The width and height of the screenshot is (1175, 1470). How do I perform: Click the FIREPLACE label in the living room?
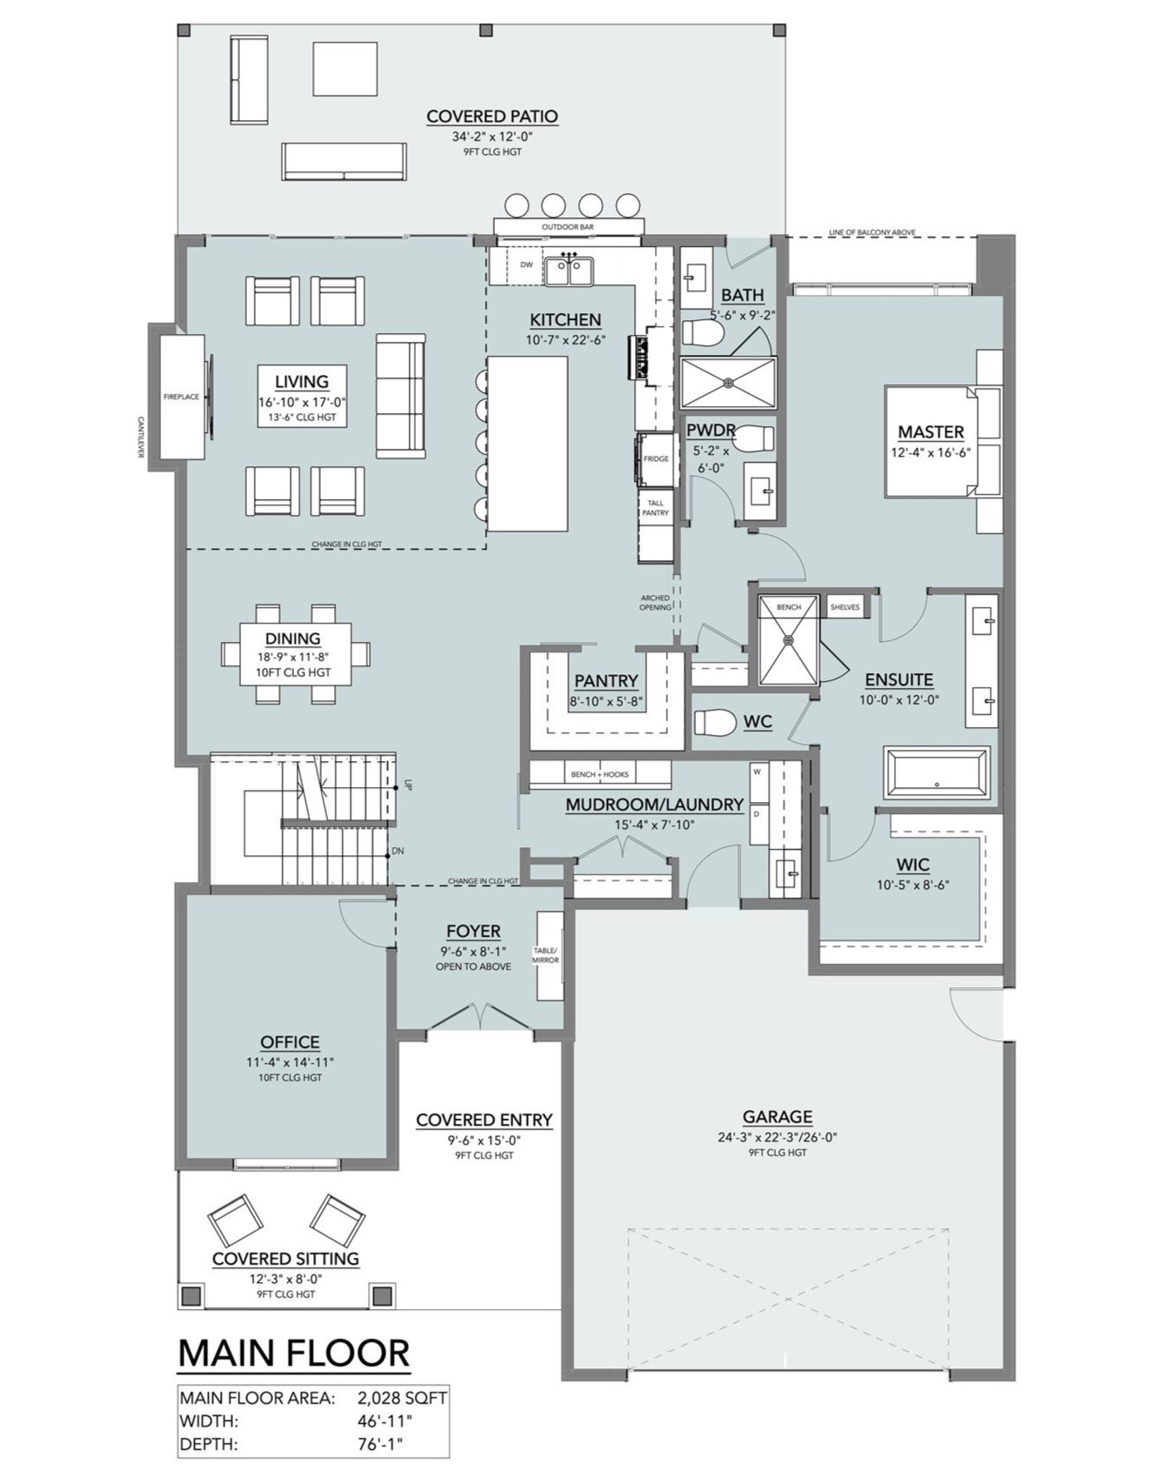[x=181, y=397]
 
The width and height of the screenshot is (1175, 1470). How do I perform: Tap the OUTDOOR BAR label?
[x=567, y=227]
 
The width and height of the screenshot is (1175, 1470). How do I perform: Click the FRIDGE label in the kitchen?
[x=656, y=458]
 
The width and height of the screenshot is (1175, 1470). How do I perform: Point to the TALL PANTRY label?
[x=656, y=507]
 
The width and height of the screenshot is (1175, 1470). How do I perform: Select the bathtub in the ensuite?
[x=937, y=772]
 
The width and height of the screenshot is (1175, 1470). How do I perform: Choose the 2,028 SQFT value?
[x=402, y=1399]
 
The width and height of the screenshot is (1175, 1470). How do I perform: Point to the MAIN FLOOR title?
[x=293, y=1353]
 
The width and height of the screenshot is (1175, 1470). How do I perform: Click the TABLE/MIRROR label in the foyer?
[x=545, y=955]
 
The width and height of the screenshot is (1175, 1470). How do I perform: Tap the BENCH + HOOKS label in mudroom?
[x=599, y=774]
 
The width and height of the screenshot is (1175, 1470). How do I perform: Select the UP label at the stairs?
[x=407, y=785]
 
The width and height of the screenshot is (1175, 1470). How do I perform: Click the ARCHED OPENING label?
[x=655, y=602]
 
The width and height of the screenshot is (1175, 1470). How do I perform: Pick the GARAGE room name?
[x=777, y=1116]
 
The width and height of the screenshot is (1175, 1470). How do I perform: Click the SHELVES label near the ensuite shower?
[x=845, y=607]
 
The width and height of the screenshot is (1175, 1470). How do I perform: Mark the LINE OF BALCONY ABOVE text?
[x=871, y=232]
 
